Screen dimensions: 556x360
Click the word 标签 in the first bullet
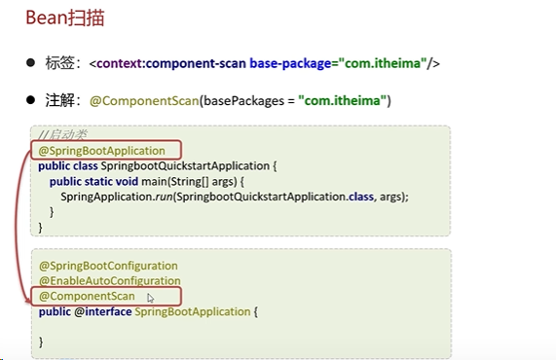(x=56, y=64)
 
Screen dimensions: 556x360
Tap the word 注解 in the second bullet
(x=56, y=100)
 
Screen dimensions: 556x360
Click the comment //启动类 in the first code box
(x=61, y=134)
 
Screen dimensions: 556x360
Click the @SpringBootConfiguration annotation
(x=108, y=266)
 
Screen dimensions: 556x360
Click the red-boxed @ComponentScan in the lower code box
(x=88, y=296)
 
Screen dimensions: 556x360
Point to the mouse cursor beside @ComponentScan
(x=150, y=298)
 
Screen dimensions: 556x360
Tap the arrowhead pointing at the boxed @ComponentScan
(x=26, y=295)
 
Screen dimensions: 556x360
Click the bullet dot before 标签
(x=30, y=64)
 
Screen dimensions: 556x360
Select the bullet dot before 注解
(x=30, y=100)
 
